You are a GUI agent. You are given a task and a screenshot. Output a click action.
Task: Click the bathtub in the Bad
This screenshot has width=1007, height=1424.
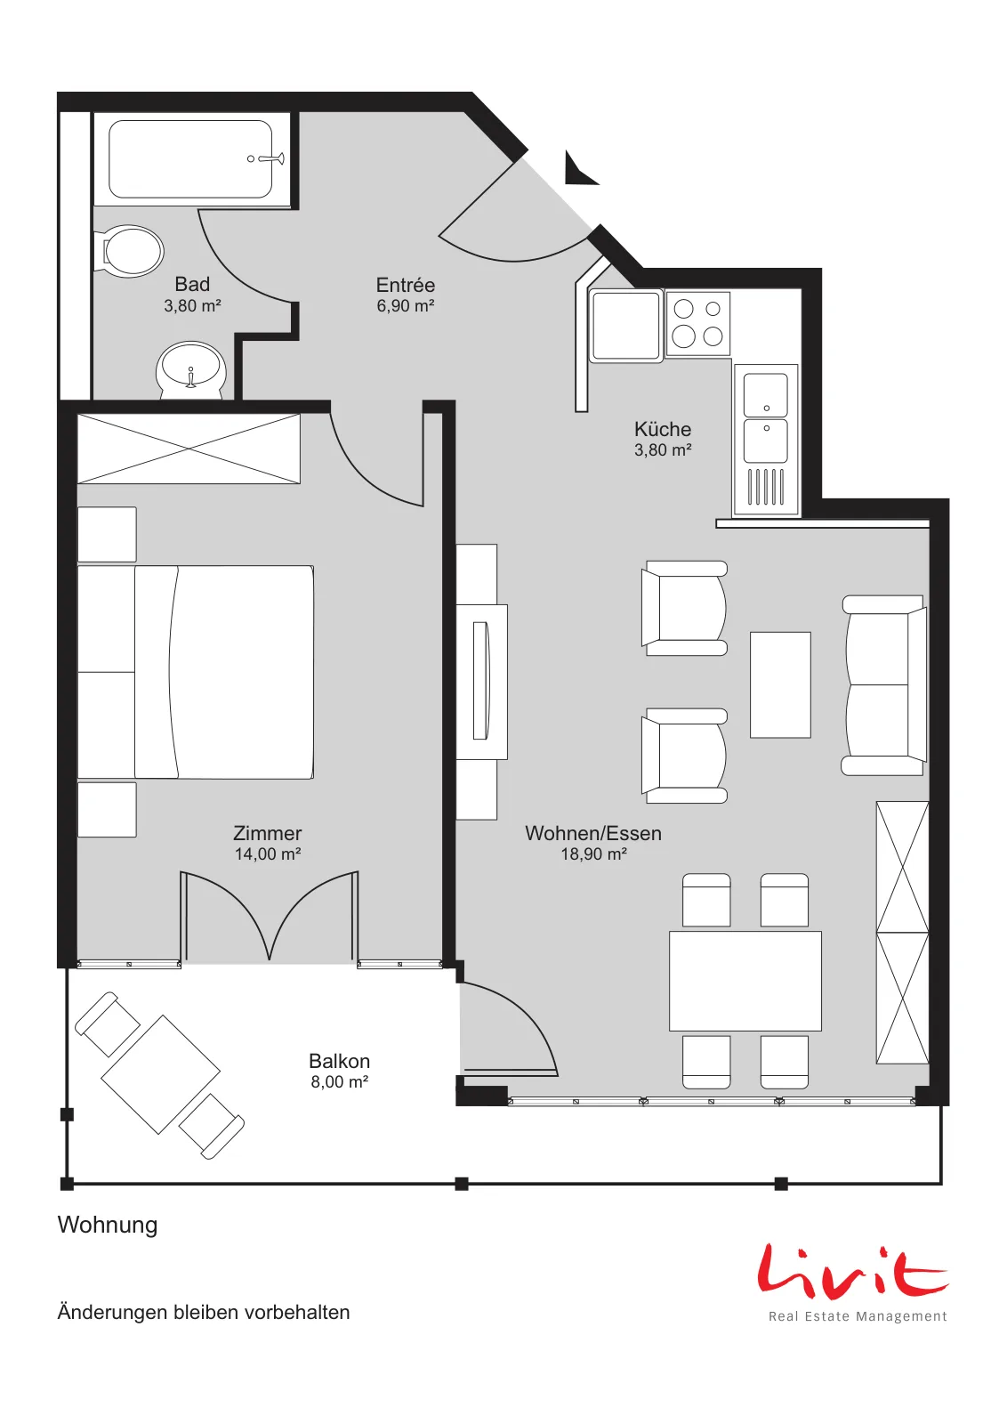[x=190, y=159]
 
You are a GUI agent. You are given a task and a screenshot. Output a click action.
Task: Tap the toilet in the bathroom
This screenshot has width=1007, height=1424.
[x=129, y=250]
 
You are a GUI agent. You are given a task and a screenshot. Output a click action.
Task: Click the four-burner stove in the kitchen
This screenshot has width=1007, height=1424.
[x=697, y=324]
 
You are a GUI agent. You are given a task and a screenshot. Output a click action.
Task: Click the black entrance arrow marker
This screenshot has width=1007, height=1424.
[x=579, y=169]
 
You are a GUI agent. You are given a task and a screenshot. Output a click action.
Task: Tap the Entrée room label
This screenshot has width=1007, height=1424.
[x=406, y=284]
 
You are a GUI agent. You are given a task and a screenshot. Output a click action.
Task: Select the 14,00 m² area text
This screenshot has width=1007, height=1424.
[x=268, y=854]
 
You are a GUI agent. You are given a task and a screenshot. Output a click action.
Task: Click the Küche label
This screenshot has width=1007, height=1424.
[x=663, y=429]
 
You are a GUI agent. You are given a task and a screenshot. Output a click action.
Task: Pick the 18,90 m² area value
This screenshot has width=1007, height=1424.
[x=593, y=854]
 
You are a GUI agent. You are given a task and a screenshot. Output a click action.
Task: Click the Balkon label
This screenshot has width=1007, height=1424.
[x=339, y=1061]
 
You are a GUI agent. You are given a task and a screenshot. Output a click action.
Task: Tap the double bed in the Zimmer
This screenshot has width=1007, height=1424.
[x=196, y=673]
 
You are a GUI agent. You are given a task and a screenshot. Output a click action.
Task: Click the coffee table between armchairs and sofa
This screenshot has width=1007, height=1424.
[x=780, y=684]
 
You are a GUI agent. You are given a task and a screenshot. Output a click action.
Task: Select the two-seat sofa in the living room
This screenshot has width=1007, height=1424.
[x=883, y=685]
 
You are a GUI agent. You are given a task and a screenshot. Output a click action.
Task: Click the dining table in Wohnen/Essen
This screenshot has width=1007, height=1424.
[x=745, y=981]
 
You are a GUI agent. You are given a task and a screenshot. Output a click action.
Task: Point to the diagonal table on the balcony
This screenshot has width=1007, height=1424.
[x=161, y=1074]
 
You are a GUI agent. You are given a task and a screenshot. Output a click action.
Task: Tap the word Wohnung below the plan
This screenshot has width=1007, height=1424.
[x=108, y=1225]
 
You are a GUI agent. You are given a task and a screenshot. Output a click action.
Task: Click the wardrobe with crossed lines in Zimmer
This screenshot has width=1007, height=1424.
[x=189, y=449]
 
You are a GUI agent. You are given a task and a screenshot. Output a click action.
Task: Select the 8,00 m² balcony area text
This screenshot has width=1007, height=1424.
[x=339, y=1081]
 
